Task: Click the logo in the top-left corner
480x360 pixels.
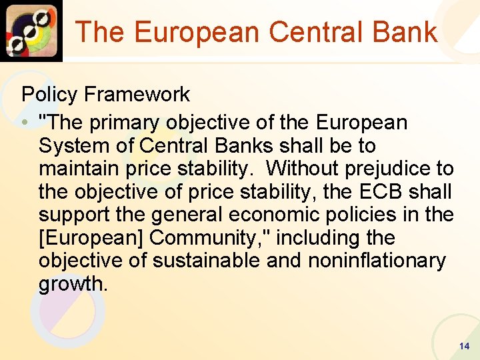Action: (x=31, y=30)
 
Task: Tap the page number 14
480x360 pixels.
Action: (x=465, y=346)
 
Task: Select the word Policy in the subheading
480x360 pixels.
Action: (x=50, y=95)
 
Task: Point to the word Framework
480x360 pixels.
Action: (x=137, y=95)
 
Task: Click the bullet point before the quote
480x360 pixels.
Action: (x=25, y=123)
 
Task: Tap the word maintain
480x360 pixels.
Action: (x=78, y=169)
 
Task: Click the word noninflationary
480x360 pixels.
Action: (x=376, y=261)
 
